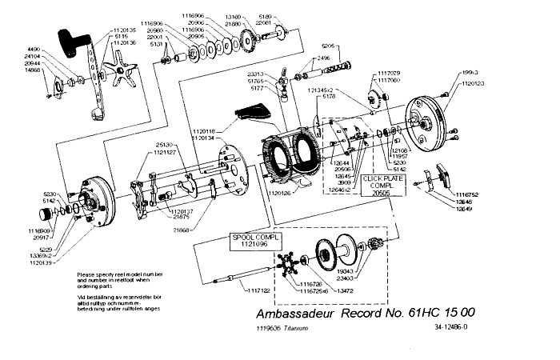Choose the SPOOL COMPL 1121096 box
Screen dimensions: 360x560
pyautogui.click(x=251, y=242)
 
